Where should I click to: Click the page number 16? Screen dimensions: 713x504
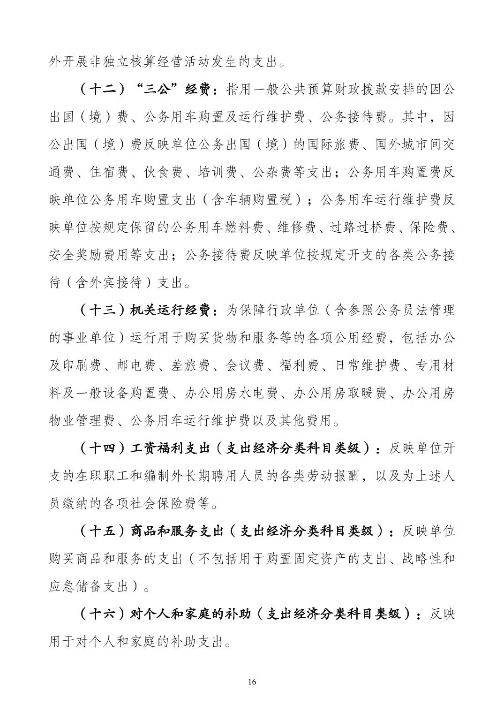(x=252, y=682)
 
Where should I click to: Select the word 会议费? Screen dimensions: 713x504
(x=246, y=365)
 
